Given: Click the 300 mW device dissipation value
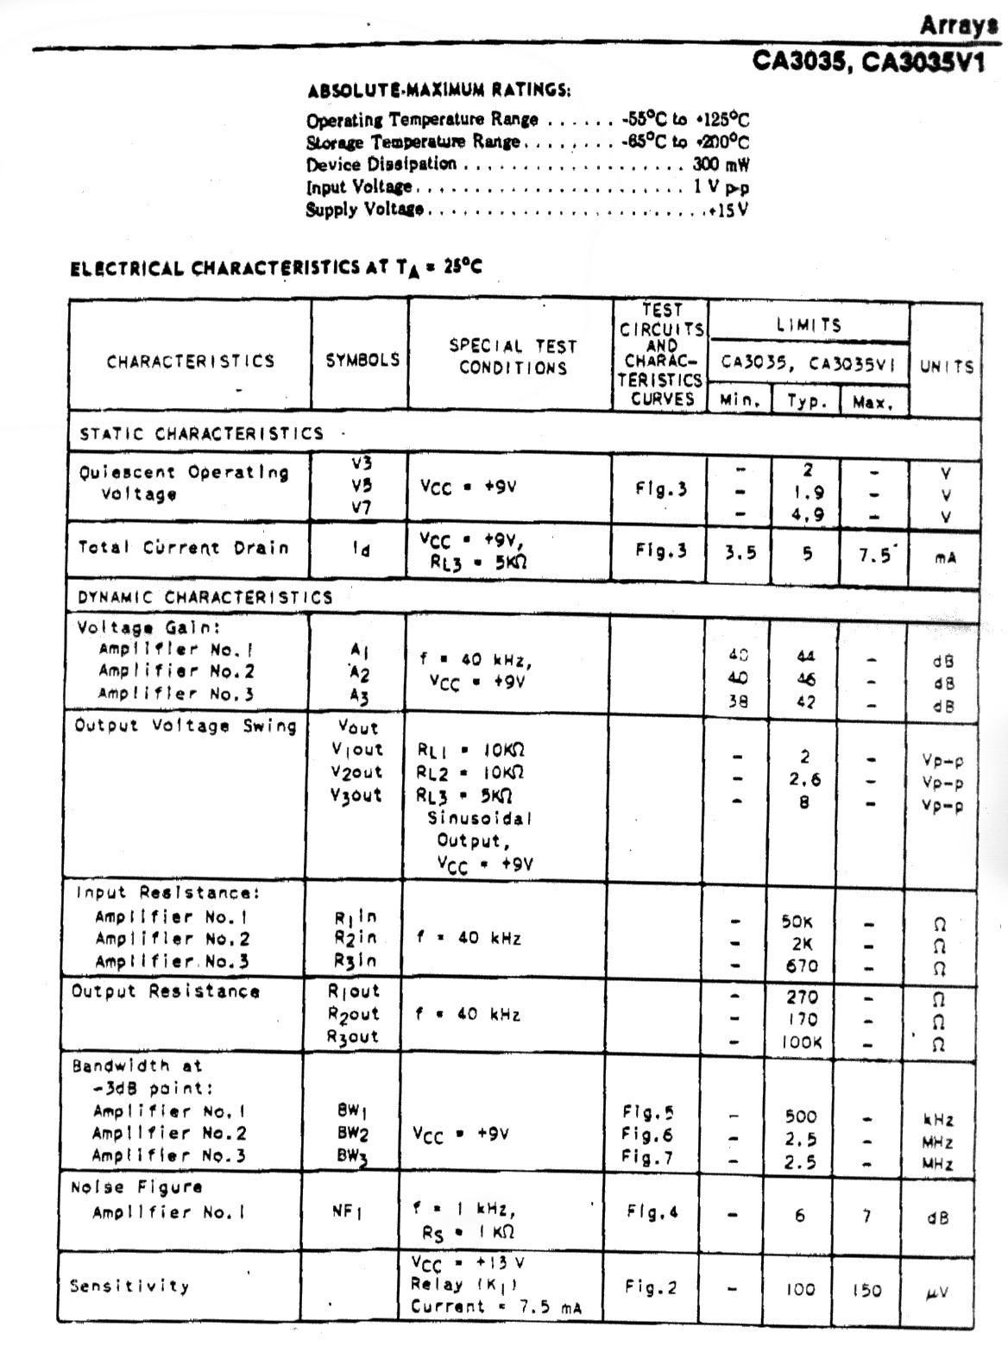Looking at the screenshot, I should tap(720, 164).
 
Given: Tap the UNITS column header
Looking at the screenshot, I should tap(947, 366).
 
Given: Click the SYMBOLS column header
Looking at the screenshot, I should tap(362, 360).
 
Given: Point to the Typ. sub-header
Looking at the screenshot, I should tap(806, 401).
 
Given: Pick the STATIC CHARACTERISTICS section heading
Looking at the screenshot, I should tap(201, 433).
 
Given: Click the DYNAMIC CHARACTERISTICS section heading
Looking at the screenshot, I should tap(205, 597).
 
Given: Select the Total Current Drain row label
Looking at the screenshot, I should tap(183, 547).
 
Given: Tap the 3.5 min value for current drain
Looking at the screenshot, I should tap(740, 553).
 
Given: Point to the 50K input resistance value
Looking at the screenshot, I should tap(797, 921).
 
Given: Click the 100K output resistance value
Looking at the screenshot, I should tap(802, 1041).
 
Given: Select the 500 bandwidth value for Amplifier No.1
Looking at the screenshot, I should tap(801, 1116).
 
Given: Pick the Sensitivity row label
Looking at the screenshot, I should tap(129, 1286).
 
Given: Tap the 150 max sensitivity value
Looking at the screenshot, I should tap(866, 1290).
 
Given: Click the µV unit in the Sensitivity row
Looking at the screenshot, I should tap(939, 1292).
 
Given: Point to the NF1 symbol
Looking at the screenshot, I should tap(348, 1212).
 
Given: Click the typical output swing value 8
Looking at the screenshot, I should tap(804, 802).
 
